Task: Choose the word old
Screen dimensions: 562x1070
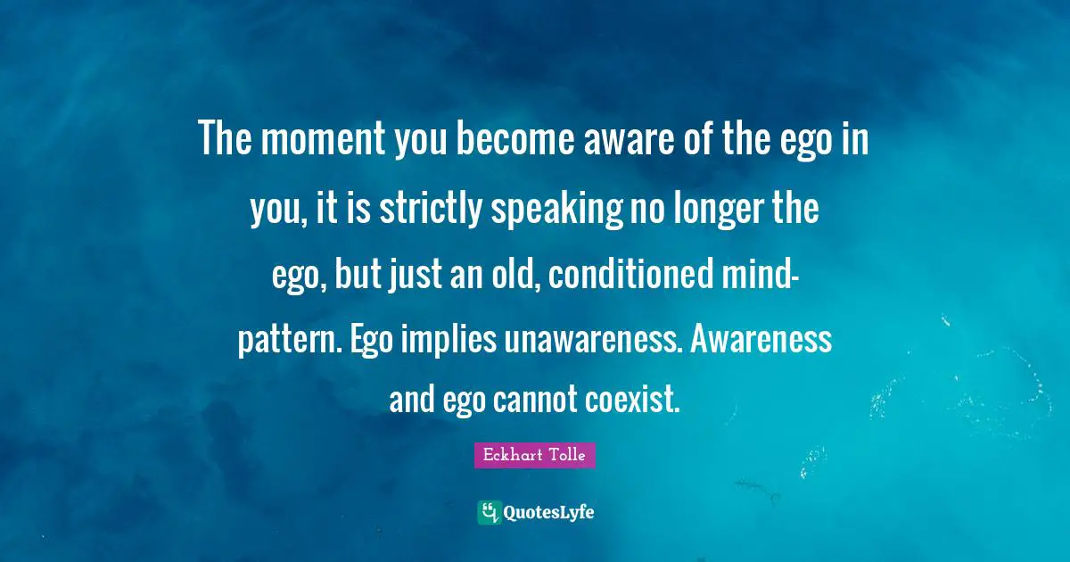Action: (512, 277)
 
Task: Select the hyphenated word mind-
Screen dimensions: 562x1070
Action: (760, 277)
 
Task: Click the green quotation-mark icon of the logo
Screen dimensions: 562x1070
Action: (489, 512)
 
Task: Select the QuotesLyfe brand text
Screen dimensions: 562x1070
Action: (548, 512)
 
